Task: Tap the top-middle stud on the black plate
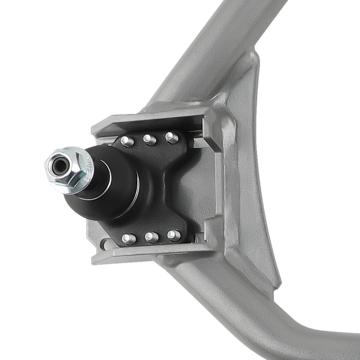[x=150, y=139]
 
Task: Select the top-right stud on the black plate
[x=171, y=137]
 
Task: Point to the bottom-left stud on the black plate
[x=129, y=238]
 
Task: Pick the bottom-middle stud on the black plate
[x=151, y=237]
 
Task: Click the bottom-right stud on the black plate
[x=174, y=235]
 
